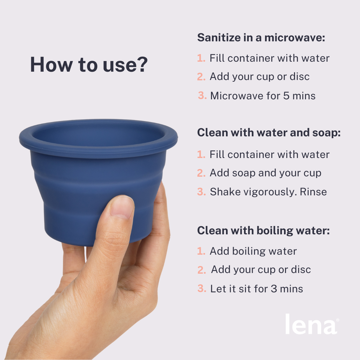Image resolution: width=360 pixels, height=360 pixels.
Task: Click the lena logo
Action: pos(312,324)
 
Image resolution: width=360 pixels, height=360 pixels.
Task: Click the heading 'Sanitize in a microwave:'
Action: pos(261,38)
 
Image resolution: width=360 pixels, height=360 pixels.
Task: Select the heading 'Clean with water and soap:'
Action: pos(269,133)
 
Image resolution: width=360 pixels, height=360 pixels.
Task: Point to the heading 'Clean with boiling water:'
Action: pos(264,231)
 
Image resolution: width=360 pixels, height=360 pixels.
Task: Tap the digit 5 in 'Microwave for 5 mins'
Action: pos(286,96)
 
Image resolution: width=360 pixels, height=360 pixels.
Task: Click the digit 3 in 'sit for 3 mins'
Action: pos(274,289)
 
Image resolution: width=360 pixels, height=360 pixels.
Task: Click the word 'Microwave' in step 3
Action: pos(236,96)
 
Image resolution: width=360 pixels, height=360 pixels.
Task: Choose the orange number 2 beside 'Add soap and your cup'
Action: pos(201,173)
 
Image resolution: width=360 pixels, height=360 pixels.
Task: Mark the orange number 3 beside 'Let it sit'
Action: pos(202,289)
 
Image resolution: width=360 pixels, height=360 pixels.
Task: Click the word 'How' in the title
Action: pos(51,65)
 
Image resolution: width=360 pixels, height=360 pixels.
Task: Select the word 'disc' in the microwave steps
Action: pos(299,77)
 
